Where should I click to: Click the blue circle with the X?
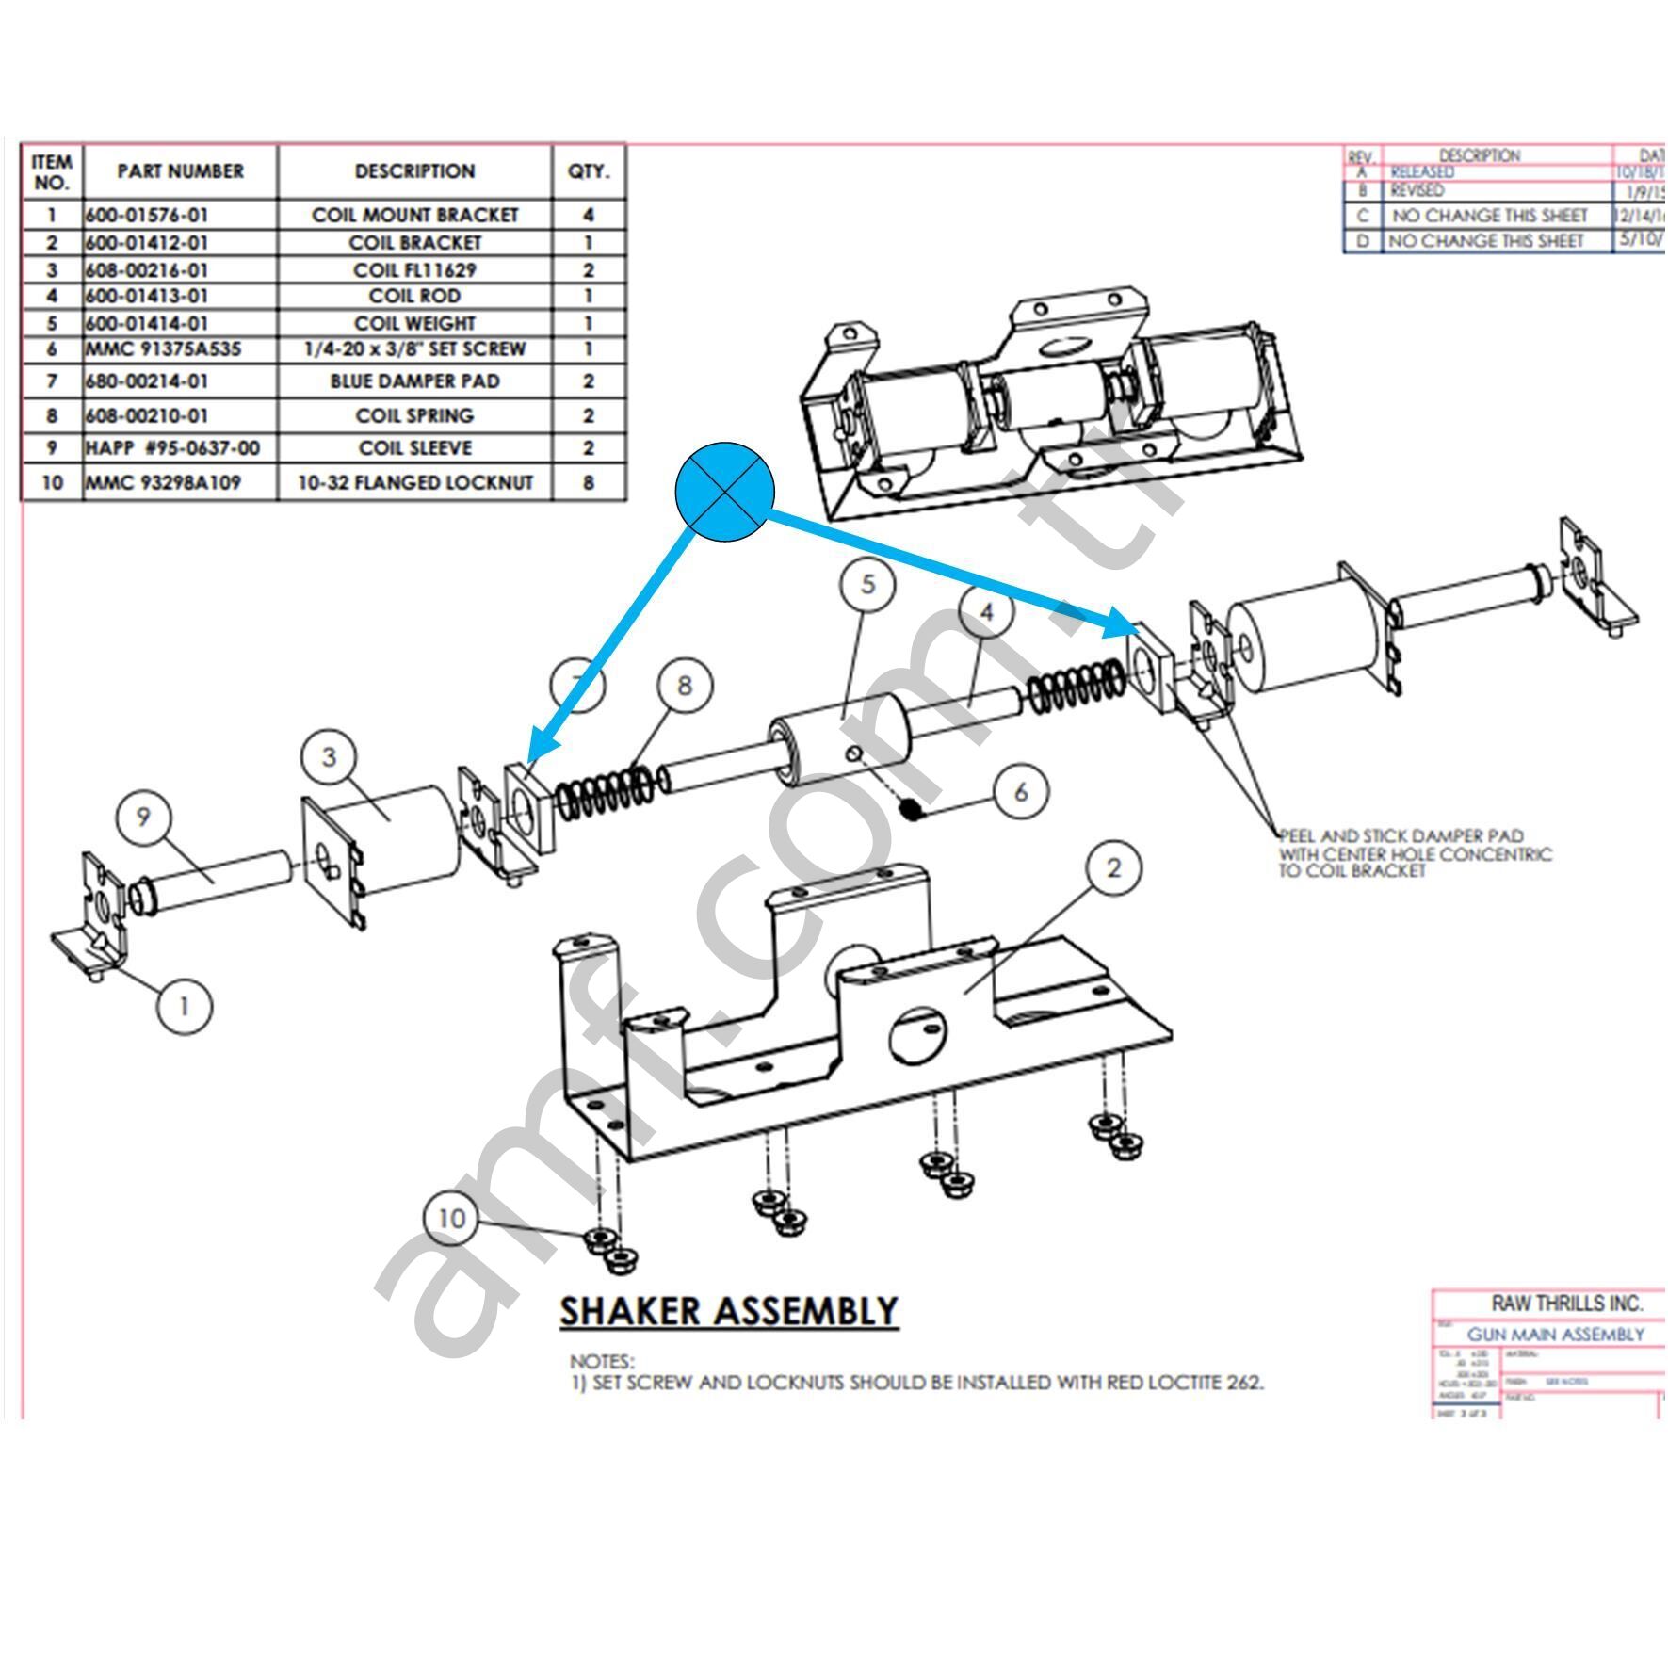point(724,491)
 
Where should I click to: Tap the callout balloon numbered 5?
point(866,584)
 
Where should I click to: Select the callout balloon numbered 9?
point(143,816)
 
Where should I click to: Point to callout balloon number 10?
point(451,1218)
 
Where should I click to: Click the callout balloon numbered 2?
point(1113,867)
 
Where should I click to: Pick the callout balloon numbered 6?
point(1021,792)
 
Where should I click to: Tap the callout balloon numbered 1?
point(184,1006)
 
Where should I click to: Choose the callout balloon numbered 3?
point(329,756)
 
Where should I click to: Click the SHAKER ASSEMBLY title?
point(729,1311)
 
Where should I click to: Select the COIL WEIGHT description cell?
point(414,323)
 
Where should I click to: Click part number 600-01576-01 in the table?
point(147,215)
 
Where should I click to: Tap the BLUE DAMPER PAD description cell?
point(414,381)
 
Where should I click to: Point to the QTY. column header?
point(588,171)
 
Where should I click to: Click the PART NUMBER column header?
point(180,171)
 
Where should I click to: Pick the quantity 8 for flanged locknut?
point(588,482)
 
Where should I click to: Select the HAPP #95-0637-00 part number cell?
point(173,447)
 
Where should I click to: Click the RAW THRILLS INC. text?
point(1566,1304)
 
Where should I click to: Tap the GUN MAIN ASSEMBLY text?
point(1555,1335)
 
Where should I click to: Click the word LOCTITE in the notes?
point(1168,1383)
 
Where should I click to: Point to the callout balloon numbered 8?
point(684,685)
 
